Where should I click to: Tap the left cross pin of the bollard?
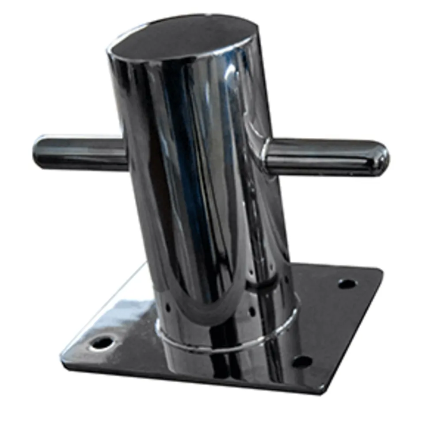click(x=80, y=153)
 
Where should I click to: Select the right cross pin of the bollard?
click(x=327, y=156)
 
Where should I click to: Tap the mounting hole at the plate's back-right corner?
click(x=347, y=284)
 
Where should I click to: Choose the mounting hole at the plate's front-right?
click(x=302, y=362)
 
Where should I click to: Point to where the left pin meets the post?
click(x=126, y=153)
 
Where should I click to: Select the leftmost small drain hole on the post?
click(x=168, y=305)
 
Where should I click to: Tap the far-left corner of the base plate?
click(x=62, y=354)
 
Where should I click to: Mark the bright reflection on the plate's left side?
click(x=119, y=309)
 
